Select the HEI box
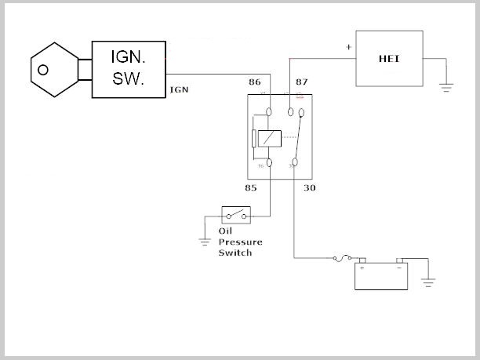391,59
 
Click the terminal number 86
254,82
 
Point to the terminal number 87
302,82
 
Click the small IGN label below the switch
179,90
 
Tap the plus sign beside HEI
348,47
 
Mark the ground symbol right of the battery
429,279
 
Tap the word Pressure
239,242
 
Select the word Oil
226,232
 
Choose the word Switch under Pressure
235,253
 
